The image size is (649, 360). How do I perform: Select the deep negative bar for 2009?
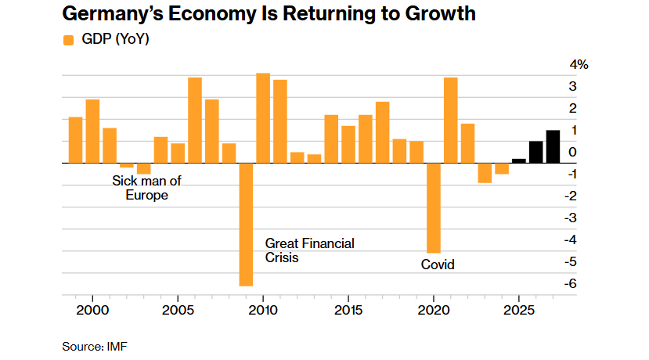(246, 224)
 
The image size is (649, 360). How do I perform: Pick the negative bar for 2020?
(433, 207)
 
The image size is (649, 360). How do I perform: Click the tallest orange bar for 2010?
(263, 118)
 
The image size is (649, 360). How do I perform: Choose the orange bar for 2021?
(450, 121)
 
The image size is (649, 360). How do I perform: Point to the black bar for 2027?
(553, 146)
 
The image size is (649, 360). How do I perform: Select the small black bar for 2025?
(518, 160)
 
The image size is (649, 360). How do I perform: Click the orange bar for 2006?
(195, 121)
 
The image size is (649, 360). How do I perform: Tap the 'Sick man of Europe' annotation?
(146, 188)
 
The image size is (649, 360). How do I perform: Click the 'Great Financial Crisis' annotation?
(310, 250)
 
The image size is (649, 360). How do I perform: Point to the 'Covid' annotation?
(438, 265)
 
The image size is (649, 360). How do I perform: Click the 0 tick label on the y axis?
(574, 152)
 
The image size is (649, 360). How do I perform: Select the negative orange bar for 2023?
(485, 173)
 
